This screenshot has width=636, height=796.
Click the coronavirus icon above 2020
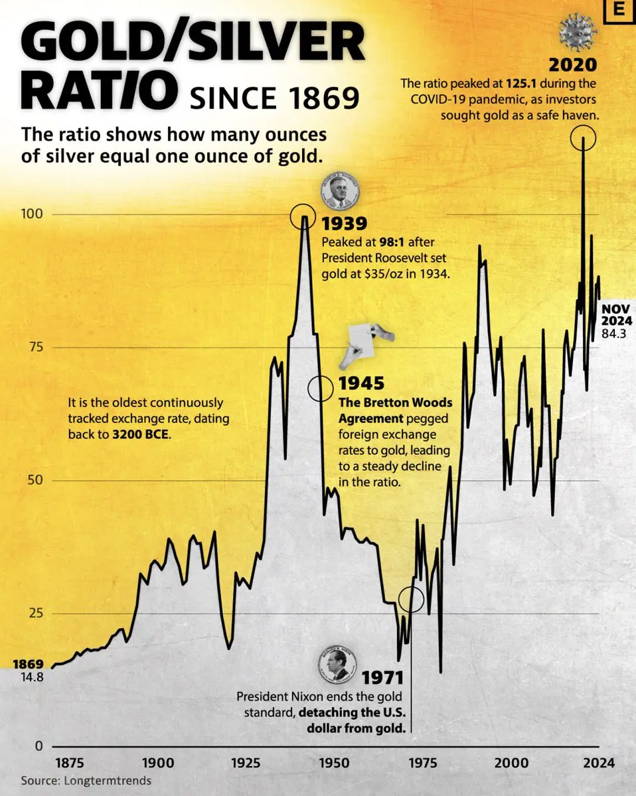point(578,33)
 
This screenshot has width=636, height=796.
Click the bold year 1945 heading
point(362,383)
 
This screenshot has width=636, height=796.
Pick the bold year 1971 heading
point(382,677)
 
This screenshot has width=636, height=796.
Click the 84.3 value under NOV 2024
point(614,334)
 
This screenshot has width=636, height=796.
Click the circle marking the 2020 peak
point(583,138)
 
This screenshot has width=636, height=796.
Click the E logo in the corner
point(620,12)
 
